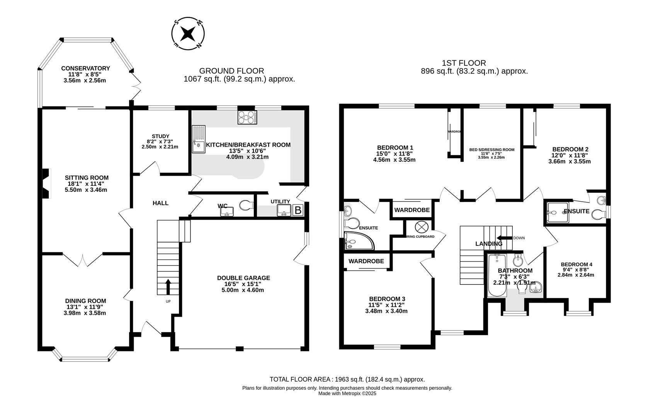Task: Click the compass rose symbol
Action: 188,33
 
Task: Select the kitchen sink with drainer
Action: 199,139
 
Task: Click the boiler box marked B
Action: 298,210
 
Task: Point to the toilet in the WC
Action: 245,205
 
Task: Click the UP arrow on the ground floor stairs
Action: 168,287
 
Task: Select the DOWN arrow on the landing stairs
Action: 504,238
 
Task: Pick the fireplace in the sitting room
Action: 46,184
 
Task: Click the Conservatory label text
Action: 85,69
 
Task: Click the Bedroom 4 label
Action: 576,264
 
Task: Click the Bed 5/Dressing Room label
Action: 492,149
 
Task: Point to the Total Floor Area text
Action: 347,380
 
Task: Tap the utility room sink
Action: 284,210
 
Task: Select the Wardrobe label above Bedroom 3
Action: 366,261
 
